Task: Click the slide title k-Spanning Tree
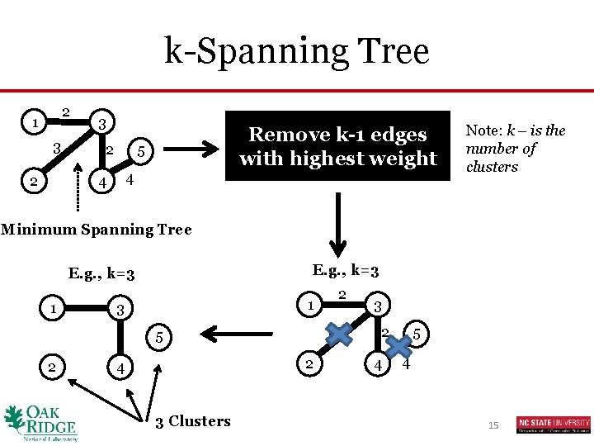tap(297, 51)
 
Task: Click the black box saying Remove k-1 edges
tap(337, 146)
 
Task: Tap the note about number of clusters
tap(515, 149)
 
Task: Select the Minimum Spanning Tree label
tap(96, 230)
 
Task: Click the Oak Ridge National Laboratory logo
tap(40, 422)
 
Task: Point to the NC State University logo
tap(554, 425)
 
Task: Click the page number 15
tap(493, 425)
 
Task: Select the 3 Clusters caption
tap(193, 421)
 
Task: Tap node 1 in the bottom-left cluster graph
tap(53, 309)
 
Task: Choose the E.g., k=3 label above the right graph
tap(346, 269)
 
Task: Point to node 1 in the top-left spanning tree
tap(34, 123)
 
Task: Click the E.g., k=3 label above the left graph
tap(102, 273)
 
